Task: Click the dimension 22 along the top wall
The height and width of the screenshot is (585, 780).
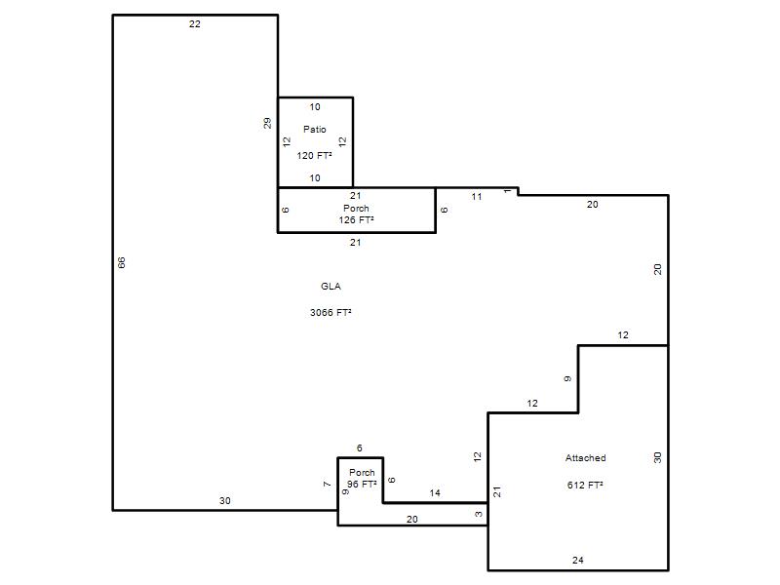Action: coord(194,23)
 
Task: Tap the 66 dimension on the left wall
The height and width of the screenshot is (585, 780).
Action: coord(121,262)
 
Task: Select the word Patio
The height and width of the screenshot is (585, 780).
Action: coord(315,130)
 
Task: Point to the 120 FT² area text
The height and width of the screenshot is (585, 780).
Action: coord(314,156)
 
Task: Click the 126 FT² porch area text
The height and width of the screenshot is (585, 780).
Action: coord(356,220)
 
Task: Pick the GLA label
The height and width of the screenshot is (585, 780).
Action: coord(331,287)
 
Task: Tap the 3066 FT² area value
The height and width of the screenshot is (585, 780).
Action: coord(331,313)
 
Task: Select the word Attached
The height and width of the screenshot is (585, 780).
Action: coord(586,458)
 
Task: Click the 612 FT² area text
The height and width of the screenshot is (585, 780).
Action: coord(585,485)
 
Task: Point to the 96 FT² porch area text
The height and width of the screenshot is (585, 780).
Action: coord(362,484)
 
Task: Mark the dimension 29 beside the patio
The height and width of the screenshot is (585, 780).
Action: coord(267,124)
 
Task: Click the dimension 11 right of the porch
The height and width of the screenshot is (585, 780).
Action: coord(477,197)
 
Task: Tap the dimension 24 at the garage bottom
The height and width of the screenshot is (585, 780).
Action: coord(577,560)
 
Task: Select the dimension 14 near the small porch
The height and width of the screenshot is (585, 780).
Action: coord(435,493)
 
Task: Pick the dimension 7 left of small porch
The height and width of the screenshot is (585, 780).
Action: coord(327,484)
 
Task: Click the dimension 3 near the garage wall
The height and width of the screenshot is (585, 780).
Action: coord(479,515)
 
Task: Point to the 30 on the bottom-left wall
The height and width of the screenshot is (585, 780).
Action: coord(225,501)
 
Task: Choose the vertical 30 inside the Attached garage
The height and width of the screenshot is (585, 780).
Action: coord(657,457)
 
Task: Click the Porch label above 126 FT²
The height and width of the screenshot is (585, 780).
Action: coord(356,209)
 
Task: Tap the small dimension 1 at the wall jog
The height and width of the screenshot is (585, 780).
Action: coord(507,191)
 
